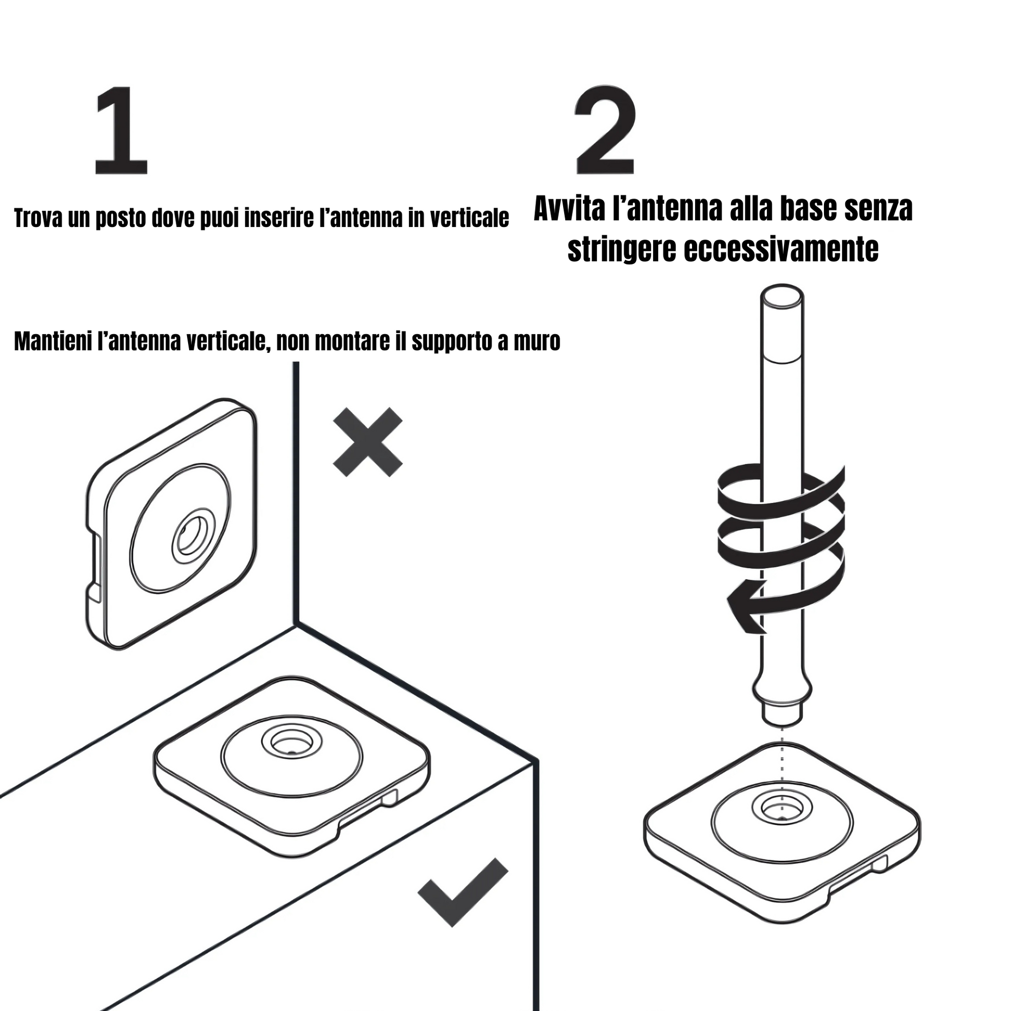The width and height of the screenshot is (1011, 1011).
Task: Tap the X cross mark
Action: coord(367,443)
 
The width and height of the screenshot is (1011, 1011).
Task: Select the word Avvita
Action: coord(570,209)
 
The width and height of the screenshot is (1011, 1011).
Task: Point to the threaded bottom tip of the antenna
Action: coord(782,717)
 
